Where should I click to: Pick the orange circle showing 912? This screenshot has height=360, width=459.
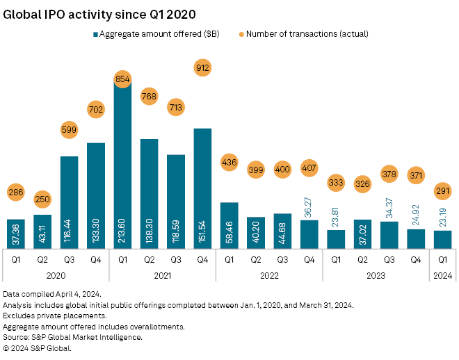202,68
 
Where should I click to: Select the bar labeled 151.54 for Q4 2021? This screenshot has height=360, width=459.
202,188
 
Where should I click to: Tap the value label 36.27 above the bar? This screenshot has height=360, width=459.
309,207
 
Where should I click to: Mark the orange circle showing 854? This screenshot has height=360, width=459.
122,79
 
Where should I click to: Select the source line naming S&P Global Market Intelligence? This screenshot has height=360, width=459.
72,337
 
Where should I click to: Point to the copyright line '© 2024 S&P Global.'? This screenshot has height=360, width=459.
37,347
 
